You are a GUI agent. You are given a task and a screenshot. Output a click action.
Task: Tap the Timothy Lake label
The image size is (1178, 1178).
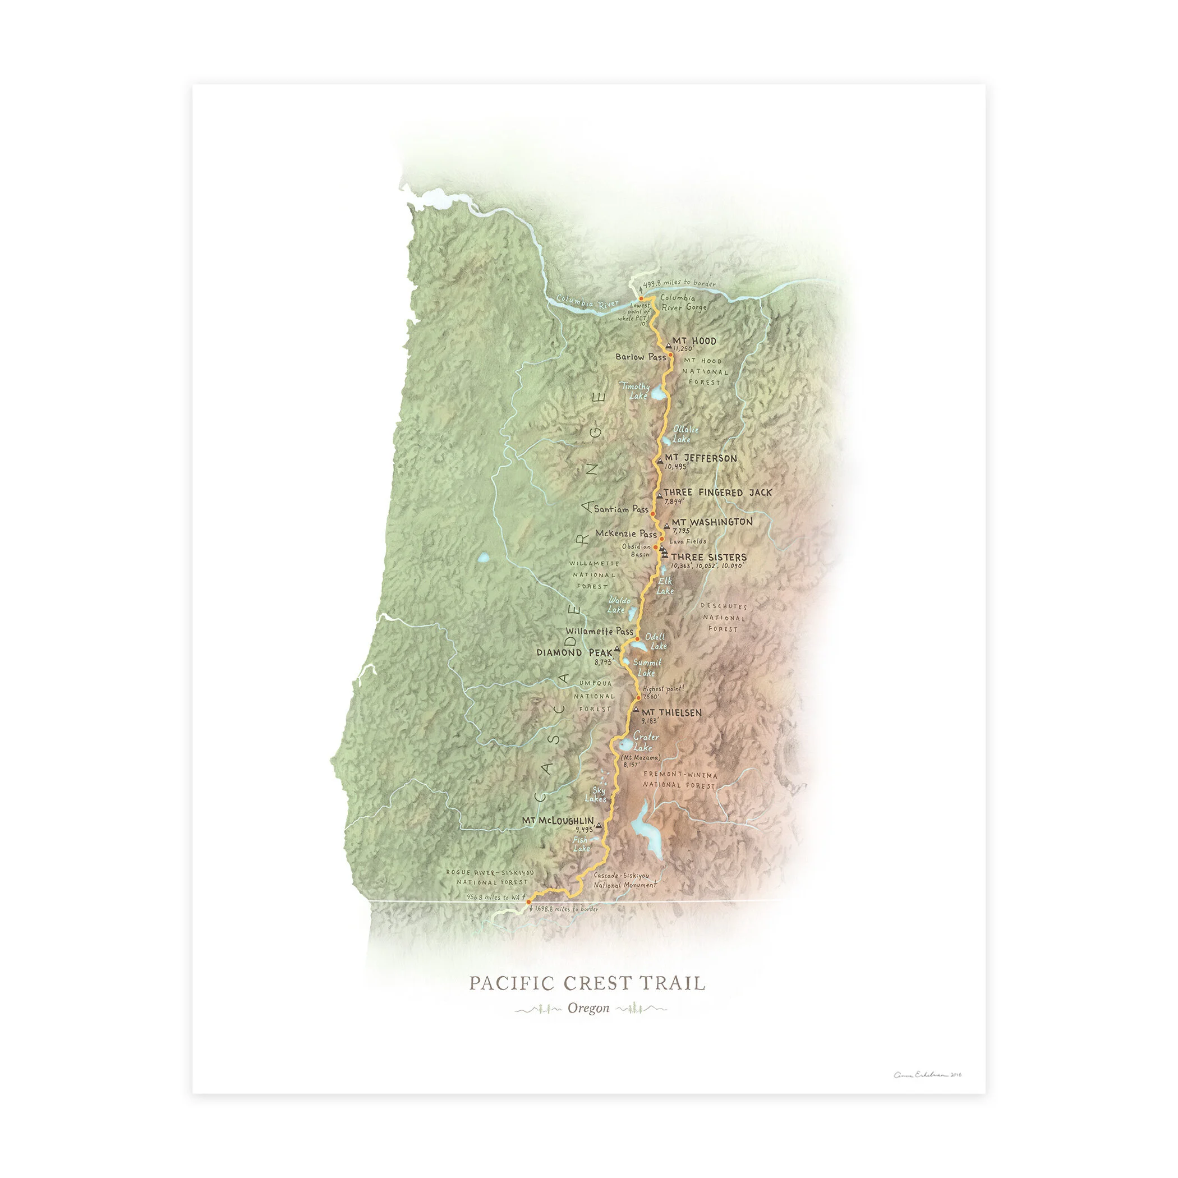[636, 391]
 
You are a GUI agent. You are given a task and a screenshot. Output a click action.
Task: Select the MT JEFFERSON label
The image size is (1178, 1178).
[701, 458]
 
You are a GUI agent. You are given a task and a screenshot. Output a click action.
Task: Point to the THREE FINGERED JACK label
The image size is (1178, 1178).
[717, 492]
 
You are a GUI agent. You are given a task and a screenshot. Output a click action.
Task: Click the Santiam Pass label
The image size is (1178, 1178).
[621, 509]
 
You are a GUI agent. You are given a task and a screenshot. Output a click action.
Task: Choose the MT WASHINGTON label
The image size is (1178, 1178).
[711, 522]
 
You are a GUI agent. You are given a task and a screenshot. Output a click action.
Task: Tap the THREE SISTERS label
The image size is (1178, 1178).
[708, 556]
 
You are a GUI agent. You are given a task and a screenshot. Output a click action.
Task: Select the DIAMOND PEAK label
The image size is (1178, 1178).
[574, 652]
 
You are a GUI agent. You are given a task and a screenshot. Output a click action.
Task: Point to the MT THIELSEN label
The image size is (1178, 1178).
[671, 712]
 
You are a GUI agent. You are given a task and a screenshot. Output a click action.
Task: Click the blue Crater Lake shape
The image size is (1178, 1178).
[626, 744]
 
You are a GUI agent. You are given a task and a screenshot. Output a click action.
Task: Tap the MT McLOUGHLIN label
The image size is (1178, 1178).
[557, 821]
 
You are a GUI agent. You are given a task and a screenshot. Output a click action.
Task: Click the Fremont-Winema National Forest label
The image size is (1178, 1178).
[680, 780]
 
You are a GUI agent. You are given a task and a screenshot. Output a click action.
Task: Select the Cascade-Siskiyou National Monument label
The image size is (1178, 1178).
[625, 880]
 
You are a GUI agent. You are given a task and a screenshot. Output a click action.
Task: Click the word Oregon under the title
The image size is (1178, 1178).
[588, 1008]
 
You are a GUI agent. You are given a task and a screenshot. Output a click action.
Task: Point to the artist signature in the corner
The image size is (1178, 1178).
[927, 1075]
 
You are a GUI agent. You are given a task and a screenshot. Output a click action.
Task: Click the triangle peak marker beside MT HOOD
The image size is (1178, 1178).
[668, 345]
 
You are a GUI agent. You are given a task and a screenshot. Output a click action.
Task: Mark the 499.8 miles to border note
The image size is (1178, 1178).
[679, 283]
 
